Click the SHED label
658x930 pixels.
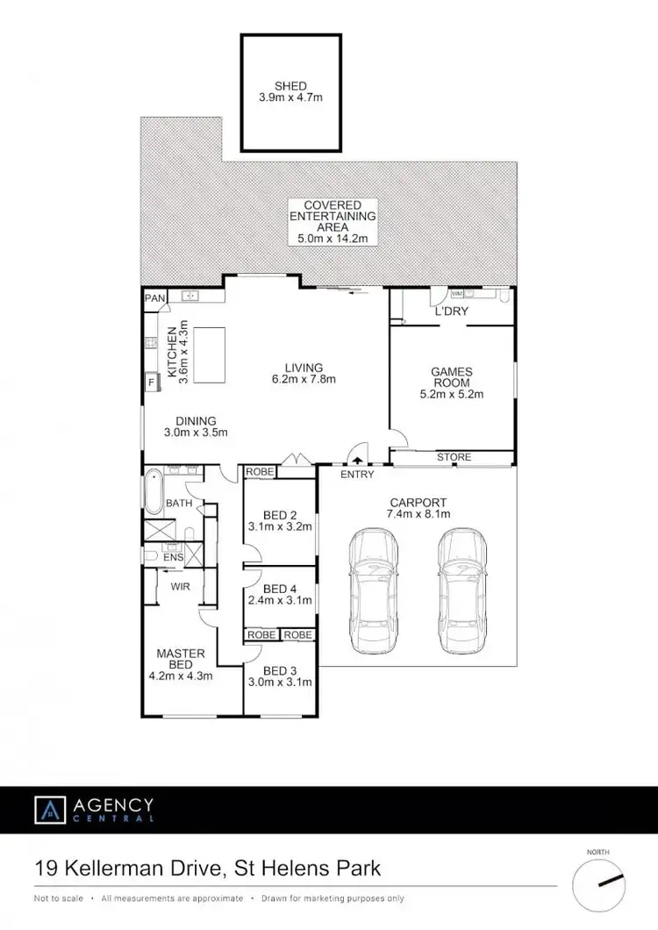point(290,86)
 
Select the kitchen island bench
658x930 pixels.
point(212,354)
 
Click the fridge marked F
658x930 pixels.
point(151,382)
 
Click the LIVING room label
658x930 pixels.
point(304,368)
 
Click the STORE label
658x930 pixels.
point(454,457)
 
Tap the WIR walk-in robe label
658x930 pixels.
point(180,585)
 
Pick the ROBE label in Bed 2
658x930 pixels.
point(261,472)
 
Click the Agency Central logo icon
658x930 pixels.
point(48,809)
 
